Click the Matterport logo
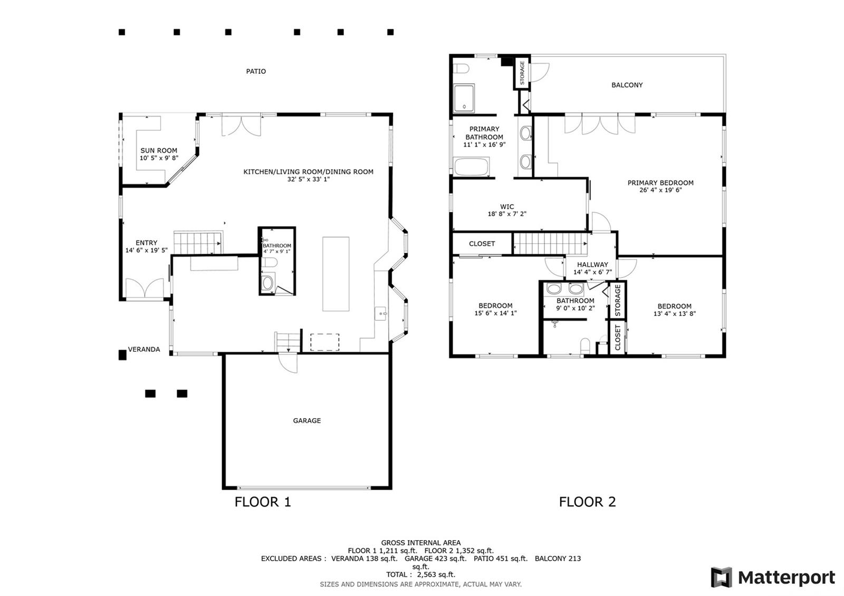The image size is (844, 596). [x=773, y=577]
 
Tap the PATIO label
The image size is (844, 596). [x=256, y=71]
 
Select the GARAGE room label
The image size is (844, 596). [x=306, y=420]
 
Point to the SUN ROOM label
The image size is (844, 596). [x=159, y=150]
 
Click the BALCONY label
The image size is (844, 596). [x=627, y=85]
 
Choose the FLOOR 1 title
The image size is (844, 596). [x=263, y=502]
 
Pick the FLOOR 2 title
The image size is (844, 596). [x=587, y=502]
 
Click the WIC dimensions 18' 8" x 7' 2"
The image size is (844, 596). [x=507, y=214]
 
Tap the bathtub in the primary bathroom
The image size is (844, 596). [x=472, y=167]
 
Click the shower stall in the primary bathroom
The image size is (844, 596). [x=464, y=98]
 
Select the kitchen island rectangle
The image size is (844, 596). [x=335, y=274]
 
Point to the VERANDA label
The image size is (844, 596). [x=144, y=349]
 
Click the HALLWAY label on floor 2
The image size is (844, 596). [x=592, y=264]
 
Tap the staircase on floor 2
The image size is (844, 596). [x=551, y=244]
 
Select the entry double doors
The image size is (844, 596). [x=145, y=289]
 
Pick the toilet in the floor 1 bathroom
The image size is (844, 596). [x=269, y=262]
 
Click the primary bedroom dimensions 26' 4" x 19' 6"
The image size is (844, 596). [x=660, y=190]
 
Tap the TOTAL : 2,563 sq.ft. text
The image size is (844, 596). [x=420, y=574]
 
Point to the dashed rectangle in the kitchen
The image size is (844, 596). [x=324, y=342]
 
